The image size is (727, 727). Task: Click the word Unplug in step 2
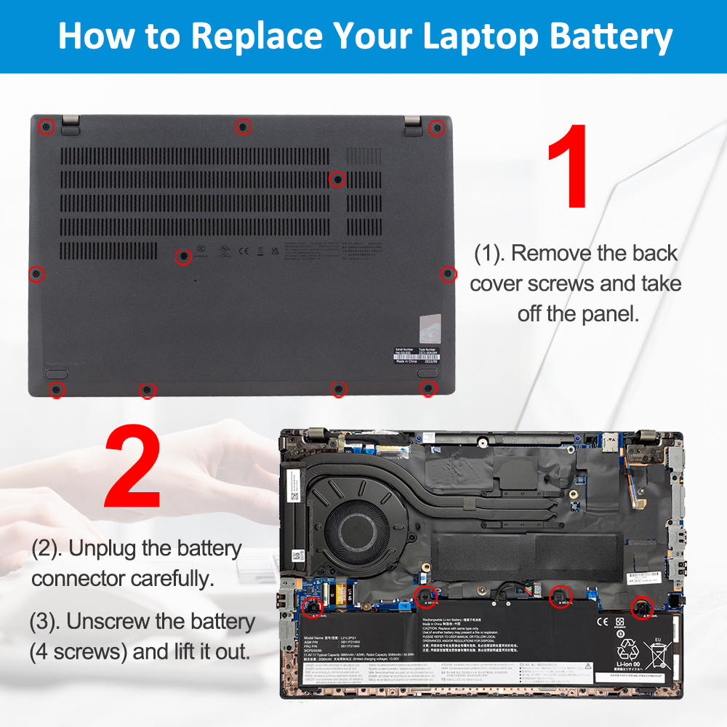pos(103,549)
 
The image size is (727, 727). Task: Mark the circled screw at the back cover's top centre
pos(244,127)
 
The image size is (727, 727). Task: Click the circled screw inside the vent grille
pos(337,178)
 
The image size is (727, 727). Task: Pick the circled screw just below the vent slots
pos(184,256)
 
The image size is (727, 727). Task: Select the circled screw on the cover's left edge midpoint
pos(36,274)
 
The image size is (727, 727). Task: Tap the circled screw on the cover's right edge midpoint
pos(448,273)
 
